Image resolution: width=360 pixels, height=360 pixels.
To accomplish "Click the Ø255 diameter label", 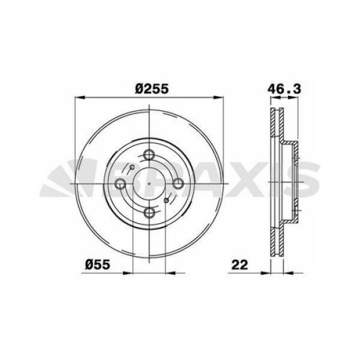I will [151, 88].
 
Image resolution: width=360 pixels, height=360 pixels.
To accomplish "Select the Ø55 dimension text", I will [96, 263].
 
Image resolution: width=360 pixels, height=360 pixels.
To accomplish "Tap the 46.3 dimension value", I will [284, 88].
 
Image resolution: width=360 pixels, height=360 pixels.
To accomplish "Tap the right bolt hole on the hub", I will [178, 184].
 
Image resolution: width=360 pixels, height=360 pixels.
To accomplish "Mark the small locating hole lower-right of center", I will [166, 200].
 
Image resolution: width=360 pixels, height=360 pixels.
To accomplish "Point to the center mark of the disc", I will [150, 184].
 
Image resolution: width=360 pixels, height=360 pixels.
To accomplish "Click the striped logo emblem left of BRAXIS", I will [69, 179].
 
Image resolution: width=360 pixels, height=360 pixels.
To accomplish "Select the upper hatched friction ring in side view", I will [275, 129].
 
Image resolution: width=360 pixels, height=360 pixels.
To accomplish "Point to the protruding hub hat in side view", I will [293, 180].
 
